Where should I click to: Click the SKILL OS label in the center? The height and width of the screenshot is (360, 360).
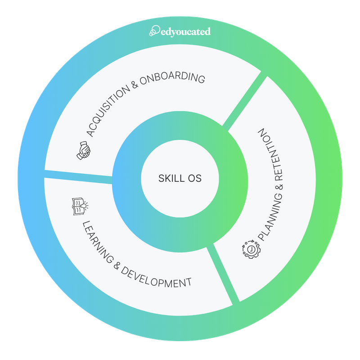pos(180,178)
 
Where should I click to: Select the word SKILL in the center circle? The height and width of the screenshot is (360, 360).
pos(169,178)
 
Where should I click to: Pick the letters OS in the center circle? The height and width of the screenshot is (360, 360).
pos(194,178)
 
